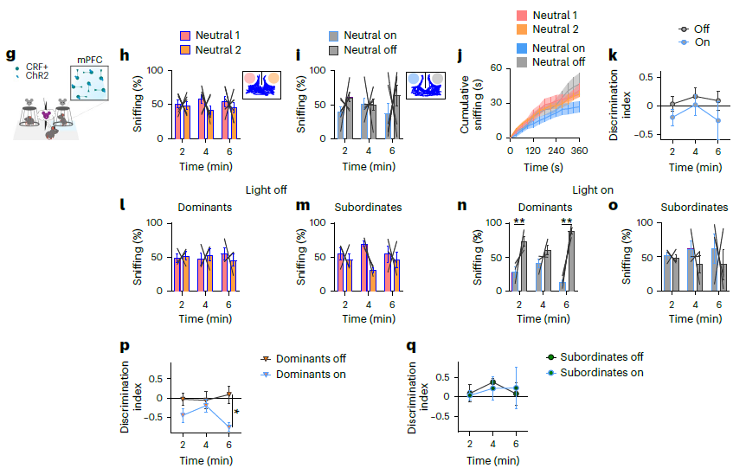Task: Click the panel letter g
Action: click(10, 55)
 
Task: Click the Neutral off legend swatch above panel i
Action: click(335, 50)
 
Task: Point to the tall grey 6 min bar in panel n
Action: click(571, 260)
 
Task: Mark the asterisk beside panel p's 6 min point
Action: click(236, 413)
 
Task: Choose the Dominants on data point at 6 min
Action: click(229, 426)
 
